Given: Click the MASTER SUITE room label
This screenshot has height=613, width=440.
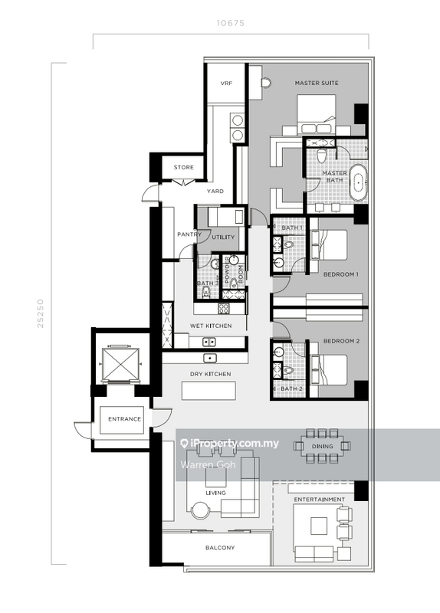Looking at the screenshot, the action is click(x=317, y=83).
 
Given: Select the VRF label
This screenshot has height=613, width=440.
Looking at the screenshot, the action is click(x=226, y=84).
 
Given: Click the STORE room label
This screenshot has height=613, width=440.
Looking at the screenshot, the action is click(x=184, y=167).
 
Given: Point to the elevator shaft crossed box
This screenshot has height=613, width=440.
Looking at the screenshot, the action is click(x=120, y=365).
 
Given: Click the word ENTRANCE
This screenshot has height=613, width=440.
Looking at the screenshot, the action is click(x=124, y=419).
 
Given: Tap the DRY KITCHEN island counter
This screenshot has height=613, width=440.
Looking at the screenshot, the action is click(x=209, y=391).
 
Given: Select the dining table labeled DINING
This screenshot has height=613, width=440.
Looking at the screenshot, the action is click(x=322, y=446).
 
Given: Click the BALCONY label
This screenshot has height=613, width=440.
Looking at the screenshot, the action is click(x=220, y=548).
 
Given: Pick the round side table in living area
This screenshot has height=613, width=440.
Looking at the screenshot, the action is click(x=201, y=511).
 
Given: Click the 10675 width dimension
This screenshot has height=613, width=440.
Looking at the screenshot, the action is click(x=231, y=23).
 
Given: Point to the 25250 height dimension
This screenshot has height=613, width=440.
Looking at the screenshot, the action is click(x=41, y=313).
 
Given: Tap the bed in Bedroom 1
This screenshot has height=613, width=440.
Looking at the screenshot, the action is click(x=329, y=245).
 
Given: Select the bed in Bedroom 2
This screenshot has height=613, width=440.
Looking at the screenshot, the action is click(x=329, y=370).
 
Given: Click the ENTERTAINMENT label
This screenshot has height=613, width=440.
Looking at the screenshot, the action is click(x=320, y=500).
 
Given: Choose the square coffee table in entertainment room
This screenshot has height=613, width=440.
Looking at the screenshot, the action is click(x=319, y=526).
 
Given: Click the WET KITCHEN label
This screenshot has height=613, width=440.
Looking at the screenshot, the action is click(x=211, y=326).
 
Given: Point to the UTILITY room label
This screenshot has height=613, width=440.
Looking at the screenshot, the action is click(x=223, y=238).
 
